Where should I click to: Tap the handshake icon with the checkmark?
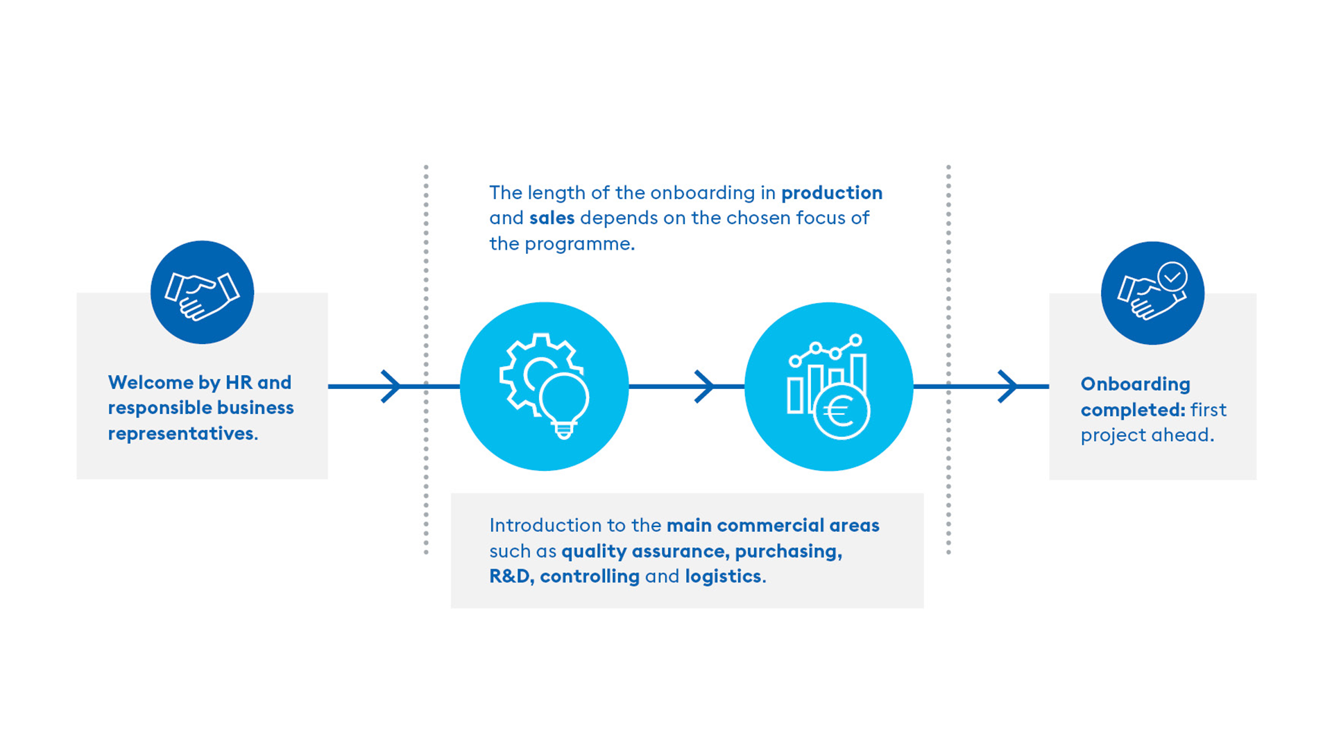point(1152,293)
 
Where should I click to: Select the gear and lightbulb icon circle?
point(545,386)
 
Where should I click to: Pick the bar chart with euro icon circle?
point(829,386)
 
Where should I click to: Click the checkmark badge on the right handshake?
point(1172,277)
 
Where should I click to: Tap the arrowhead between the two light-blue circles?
point(704,386)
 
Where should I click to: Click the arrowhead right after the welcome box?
point(391,386)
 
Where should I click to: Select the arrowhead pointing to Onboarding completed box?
point(1007,386)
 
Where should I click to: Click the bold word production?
point(832,193)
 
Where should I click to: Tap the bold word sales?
point(552,218)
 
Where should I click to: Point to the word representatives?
point(183,433)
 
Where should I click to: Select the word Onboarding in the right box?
point(1136,384)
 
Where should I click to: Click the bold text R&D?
point(511,576)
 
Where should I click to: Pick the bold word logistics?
point(723,576)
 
